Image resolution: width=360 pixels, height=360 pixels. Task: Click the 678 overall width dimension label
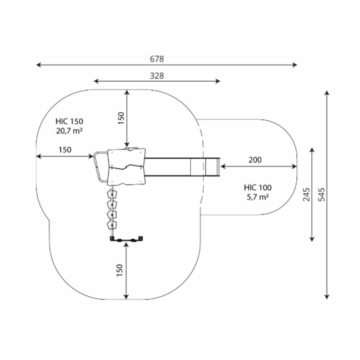pyautogui.click(x=157, y=59)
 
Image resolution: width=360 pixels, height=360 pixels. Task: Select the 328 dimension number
pyautogui.click(x=157, y=75)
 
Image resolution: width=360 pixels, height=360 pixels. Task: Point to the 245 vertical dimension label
pyautogui.click(x=307, y=194)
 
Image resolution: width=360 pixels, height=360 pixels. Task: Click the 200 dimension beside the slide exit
pyautogui.click(x=255, y=160)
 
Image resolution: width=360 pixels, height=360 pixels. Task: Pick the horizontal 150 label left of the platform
pyautogui.click(x=65, y=150)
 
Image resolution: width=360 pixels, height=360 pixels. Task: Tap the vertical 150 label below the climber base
pyautogui.click(x=121, y=271)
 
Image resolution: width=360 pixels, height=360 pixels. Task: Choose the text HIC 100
pyautogui.click(x=258, y=187)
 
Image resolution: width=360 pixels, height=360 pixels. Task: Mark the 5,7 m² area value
pyautogui.click(x=258, y=196)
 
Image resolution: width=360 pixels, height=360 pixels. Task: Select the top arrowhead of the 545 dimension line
pyautogui.click(x=327, y=93)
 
